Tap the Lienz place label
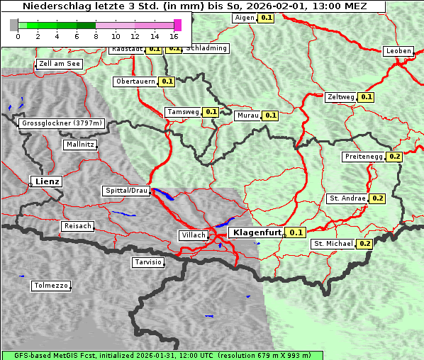click(x=46, y=181)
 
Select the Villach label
click(x=193, y=235)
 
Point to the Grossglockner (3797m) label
click(x=62, y=123)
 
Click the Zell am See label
click(x=60, y=64)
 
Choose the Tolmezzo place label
click(x=50, y=286)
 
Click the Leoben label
click(x=398, y=51)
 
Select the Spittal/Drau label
click(x=127, y=191)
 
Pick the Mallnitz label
click(x=79, y=145)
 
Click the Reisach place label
click(x=77, y=226)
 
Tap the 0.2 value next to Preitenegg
click(x=395, y=157)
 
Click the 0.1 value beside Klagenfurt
click(x=296, y=232)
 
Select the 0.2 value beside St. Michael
click(x=365, y=244)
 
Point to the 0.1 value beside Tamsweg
click(x=211, y=112)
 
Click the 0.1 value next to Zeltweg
click(x=366, y=96)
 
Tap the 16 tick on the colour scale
click(x=174, y=36)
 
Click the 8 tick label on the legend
click(x=96, y=36)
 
